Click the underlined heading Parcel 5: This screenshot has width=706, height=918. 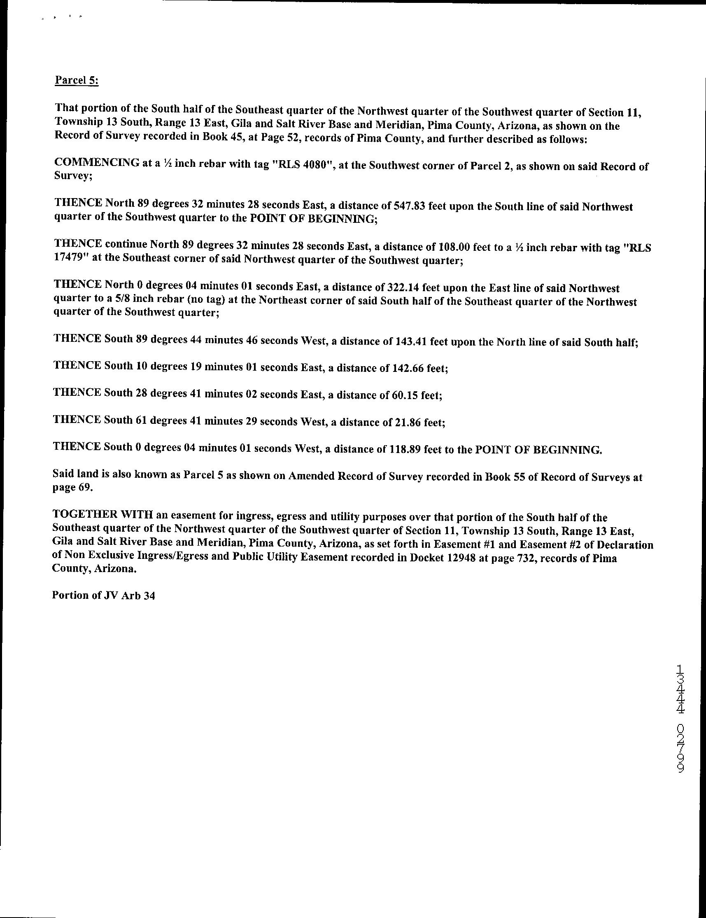tap(77, 80)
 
